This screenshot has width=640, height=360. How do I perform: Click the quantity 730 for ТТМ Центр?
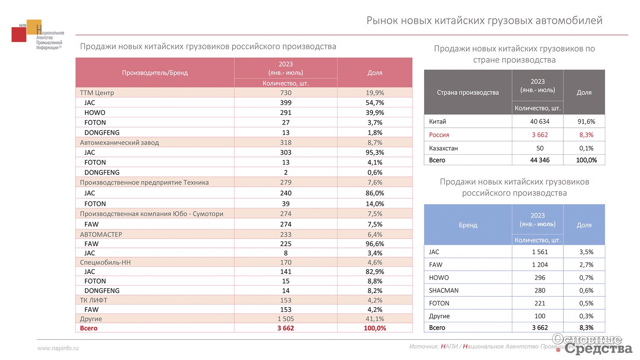click(x=286, y=93)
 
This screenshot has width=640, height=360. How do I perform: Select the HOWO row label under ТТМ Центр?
click(x=95, y=113)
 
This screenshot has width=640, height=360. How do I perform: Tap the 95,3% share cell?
click(x=375, y=152)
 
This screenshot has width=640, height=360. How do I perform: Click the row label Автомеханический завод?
click(x=119, y=142)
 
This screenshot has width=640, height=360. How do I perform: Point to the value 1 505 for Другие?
click(x=286, y=319)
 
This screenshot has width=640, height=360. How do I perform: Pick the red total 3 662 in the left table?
click(x=286, y=328)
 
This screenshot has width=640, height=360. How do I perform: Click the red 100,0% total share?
click(x=375, y=328)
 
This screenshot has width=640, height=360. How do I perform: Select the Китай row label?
click(x=437, y=122)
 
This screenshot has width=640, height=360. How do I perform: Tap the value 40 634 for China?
click(x=540, y=122)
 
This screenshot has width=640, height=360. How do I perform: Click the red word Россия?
click(x=439, y=135)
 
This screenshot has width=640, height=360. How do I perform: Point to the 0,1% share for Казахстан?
click(x=586, y=148)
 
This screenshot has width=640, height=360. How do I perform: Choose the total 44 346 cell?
click(x=540, y=160)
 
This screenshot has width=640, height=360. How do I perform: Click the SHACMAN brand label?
click(x=444, y=290)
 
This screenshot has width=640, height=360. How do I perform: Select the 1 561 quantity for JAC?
click(x=540, y=252)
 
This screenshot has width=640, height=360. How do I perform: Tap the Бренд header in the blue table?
click(x=468, y=225)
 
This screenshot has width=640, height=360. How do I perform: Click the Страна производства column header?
click(x=468, y=93)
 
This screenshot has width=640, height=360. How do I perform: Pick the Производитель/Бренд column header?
click(x=155, y=73)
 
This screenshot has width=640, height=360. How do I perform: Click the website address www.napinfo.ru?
click(x=58, y=348)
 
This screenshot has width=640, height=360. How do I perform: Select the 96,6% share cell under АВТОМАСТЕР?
click(x=375, y=244)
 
